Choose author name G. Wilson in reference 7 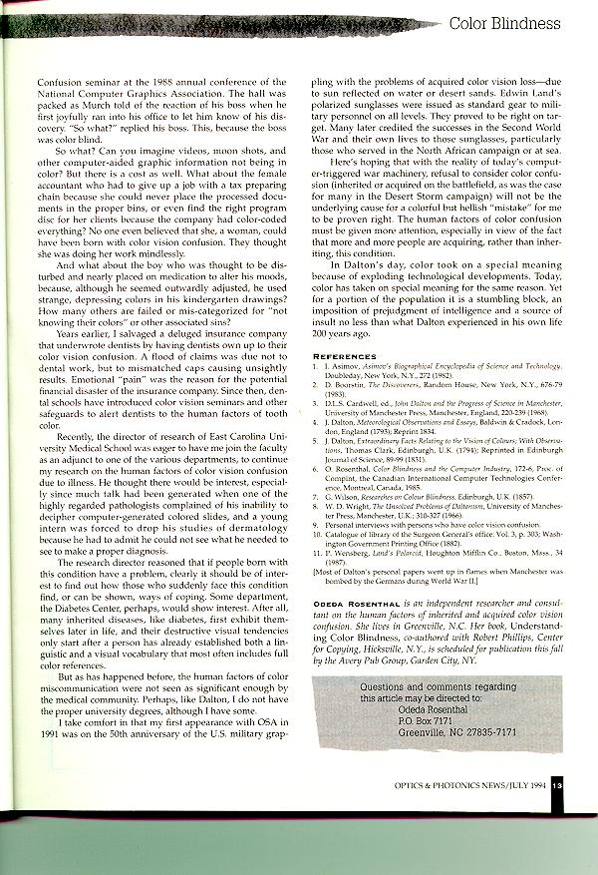click(x=343, y=522)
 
